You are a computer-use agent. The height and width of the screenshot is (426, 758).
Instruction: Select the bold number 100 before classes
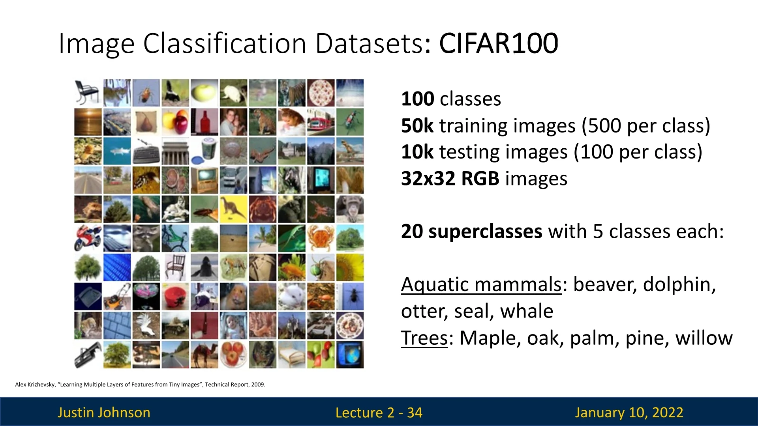tap(418, 99)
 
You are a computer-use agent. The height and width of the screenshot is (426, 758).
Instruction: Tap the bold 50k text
tap(417, 125)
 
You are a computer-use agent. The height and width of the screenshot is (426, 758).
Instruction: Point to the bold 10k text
tap(417, 152)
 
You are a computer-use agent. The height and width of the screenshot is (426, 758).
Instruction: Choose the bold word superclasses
tap(485, 232)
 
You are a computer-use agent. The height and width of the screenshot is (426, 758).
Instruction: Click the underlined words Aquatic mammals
tap(481, 284)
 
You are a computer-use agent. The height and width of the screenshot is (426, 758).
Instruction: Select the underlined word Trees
tap(424, 338)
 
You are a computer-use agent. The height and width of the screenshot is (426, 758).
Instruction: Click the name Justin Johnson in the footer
tap(104, 413)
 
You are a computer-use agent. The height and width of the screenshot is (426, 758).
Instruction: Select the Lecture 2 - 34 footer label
tap(379, 413)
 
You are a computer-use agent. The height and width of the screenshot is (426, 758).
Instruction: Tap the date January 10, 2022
tap(629, 413)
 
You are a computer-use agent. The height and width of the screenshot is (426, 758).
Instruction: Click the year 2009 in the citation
tap(258, 385)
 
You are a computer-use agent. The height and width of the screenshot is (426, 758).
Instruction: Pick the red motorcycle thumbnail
tap(88, 238)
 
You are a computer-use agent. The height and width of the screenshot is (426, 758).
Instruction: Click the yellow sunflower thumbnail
tap(350, 267)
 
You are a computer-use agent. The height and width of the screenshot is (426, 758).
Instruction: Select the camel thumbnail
tap(205, 355)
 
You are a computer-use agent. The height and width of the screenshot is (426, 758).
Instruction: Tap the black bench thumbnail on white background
tap(88, 93)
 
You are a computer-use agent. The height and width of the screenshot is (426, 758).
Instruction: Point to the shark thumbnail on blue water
tap(117, 151)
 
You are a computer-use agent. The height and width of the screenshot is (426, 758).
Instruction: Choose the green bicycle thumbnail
tap(175, 238)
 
